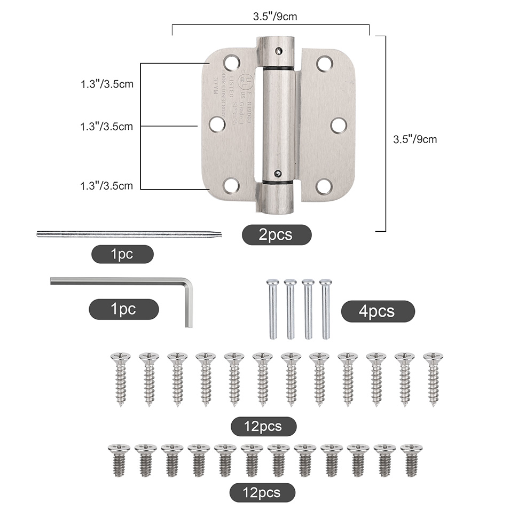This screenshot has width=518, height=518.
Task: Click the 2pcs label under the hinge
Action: [276, 235]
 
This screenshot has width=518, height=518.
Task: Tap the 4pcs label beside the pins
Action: [378, 311]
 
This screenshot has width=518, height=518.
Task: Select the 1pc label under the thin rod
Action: [122, 255]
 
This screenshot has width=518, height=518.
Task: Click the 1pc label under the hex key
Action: [123, 309]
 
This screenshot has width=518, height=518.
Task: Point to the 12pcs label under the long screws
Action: [263, 427]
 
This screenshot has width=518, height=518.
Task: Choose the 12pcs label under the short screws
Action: [262, 492]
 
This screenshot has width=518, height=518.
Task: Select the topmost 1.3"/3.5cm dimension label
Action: [106, 84]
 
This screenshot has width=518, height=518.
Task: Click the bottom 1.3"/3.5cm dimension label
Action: [106, 186]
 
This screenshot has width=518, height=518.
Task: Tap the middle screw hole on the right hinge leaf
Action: [338, 125]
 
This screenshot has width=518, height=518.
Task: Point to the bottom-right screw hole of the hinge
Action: [324, 186]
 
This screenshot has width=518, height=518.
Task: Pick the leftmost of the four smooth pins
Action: [273, 308]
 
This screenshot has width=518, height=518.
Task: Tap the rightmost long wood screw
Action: [433, 378]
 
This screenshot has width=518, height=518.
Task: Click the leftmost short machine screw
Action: [119, 460]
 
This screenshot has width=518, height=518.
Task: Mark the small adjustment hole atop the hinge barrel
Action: [278, 50]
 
